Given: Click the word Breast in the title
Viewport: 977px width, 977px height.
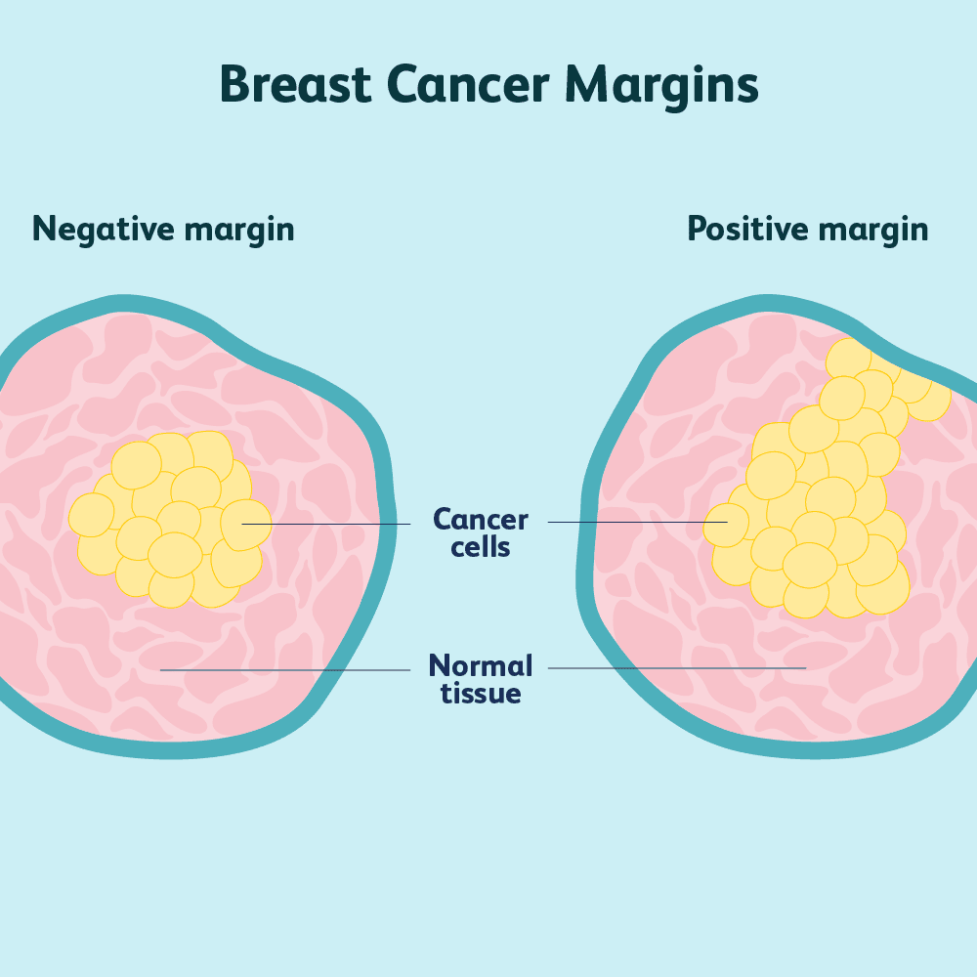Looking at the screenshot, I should [295, 84].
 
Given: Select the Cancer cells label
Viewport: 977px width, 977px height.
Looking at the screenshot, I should [481, 532].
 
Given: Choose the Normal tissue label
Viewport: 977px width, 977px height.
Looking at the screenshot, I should [481, 679].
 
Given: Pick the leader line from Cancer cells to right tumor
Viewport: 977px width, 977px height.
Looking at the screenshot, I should [635, 522].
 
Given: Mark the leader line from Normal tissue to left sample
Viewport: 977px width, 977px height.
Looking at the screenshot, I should [283, 670].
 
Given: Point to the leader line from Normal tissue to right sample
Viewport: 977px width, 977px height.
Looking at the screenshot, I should [674, 668].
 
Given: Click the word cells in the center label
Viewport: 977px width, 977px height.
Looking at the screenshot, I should [481, 547].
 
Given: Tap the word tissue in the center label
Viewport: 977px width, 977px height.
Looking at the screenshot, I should [481, 694].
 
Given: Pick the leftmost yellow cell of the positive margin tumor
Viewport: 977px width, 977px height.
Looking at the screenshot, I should [725, 525].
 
